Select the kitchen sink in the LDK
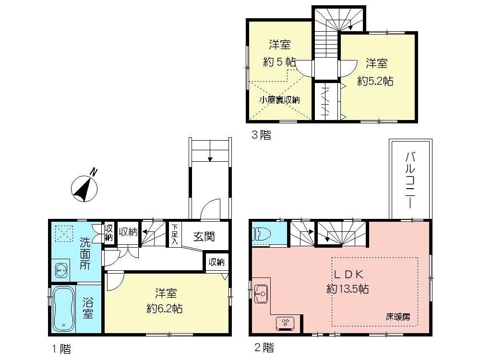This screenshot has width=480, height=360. click(261, 292)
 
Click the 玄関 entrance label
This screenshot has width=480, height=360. click(204, 237)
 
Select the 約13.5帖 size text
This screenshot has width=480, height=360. click(348, 289)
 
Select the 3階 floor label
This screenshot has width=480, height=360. click(262, 135)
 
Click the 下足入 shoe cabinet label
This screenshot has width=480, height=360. click(175, 234)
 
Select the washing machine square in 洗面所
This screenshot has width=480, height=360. click(61, 234)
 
